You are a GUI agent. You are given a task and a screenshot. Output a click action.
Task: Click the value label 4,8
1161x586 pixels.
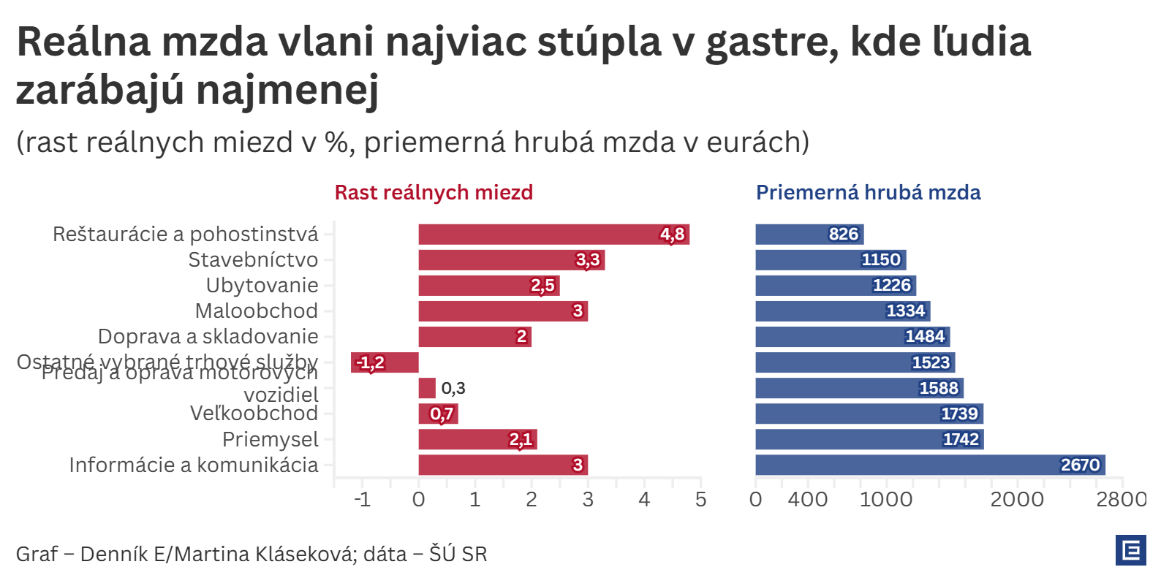pos(672,235)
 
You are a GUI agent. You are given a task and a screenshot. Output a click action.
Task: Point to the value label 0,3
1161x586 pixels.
pos(453,388)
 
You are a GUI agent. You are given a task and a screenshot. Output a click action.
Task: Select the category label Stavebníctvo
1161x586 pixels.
pos(253,260)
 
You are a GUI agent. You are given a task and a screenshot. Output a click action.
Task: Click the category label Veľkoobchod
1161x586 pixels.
pos(254,414)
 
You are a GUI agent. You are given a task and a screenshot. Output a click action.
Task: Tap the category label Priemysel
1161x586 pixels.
pos(271,439)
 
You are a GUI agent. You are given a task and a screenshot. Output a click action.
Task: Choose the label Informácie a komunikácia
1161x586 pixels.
pos(194,465)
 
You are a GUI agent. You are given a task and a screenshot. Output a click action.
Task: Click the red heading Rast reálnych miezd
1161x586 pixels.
pos(434,192)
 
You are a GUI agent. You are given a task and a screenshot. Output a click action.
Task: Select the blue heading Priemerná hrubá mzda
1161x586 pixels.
pos(868,192)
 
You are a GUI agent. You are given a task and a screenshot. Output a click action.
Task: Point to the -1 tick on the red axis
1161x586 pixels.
pos(362,499)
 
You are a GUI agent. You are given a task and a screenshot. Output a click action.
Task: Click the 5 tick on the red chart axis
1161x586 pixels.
pos(700,499)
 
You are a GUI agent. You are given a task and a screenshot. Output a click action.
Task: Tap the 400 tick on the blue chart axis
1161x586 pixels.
pos(808,499)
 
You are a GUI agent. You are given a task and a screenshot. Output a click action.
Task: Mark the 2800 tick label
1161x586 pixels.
pos(1122,499)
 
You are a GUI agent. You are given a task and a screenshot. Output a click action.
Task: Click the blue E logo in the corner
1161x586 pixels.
pos(1130,550)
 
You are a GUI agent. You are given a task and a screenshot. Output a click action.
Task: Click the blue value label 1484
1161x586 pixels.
pos(925,337)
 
